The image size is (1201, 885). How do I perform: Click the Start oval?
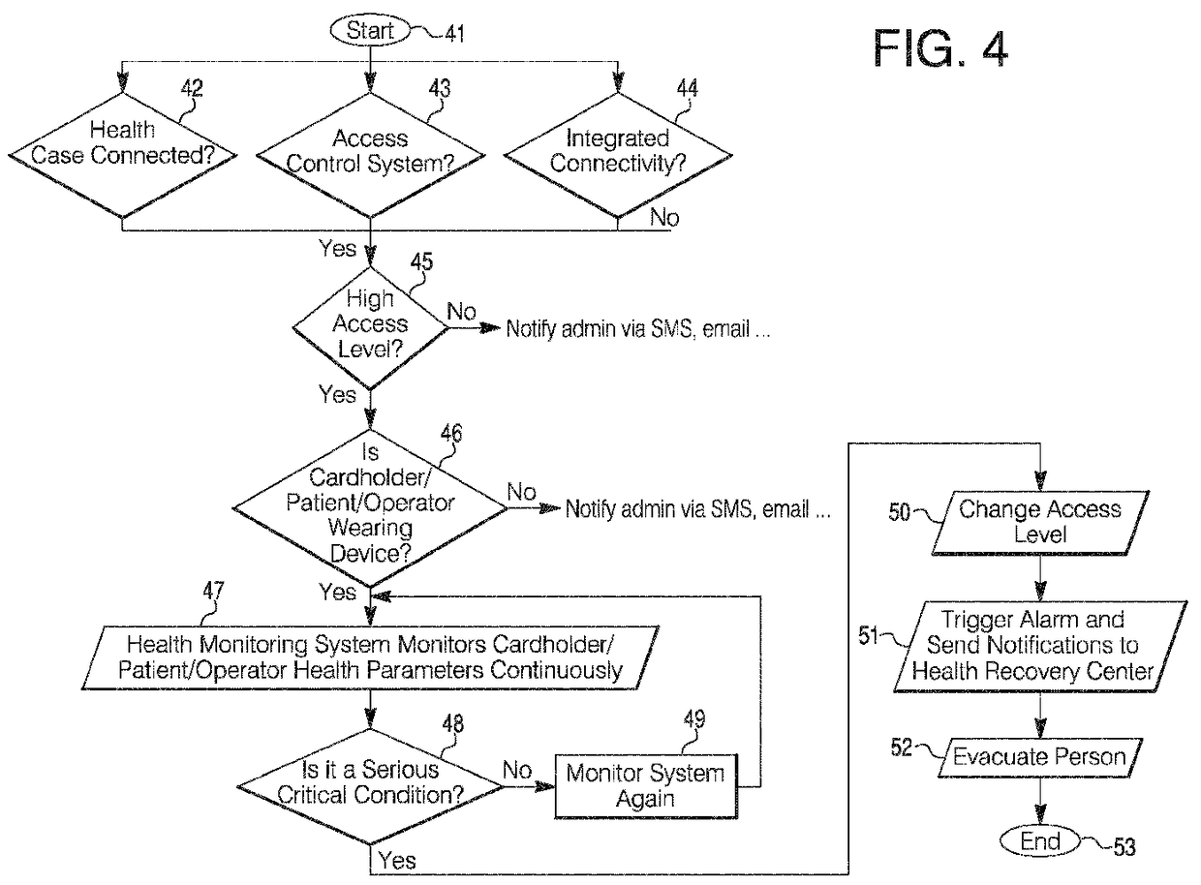click(x=369, y=30)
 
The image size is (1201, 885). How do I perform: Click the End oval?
click(x=1039, y=841)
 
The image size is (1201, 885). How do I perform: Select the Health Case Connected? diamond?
click(x=122, y=156)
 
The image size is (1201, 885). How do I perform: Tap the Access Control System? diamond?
click(x=370, y=156)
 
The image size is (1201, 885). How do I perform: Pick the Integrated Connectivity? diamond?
click(x=618, y=156)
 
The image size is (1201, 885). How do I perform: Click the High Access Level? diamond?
click(x=370, y=328)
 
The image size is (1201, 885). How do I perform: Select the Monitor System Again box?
click(x=645, y=786)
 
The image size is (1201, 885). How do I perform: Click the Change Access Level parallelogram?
click(x=1040, y=523)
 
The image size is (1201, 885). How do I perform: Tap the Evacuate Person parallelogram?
click(x=1039, y=757)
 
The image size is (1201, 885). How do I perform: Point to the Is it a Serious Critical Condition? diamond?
click(x=370, y=786)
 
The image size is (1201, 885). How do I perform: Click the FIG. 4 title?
click(x=940, y=48)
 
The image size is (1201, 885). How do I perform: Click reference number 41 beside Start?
click(x=454, y=34)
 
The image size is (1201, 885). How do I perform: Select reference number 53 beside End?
click(x=1124, y=847)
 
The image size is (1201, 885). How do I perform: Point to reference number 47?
click(x=213, y=591)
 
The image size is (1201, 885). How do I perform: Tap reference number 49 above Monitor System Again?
click(x=694, y=719)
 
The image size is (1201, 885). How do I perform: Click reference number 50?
click(x=899, y=512)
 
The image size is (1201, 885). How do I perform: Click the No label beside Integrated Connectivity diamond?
click(x=664, y=217)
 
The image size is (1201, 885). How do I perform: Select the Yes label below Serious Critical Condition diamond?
click(x=397, y=861)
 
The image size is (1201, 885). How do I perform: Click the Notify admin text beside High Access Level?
click(x=638, y=328)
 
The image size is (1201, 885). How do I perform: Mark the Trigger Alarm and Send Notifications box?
click(x=1040, y=646)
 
